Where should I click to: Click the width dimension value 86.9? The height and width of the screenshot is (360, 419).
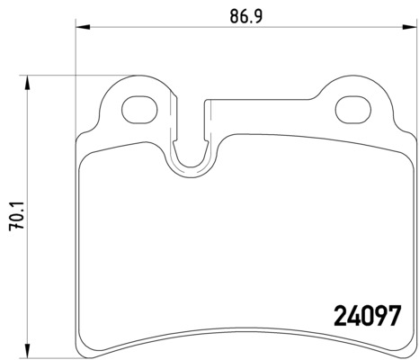tap(246, 16)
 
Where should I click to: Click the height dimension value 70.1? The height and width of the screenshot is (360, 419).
tap(17, 216)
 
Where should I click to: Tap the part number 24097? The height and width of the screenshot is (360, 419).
tap(367, 316)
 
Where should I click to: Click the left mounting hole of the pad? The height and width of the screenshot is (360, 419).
tap(139, 110)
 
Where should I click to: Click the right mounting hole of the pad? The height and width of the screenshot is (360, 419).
tap(353, 110)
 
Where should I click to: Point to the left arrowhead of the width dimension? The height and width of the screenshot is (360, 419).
tap(83, 27)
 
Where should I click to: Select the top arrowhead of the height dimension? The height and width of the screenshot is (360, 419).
tap(28, 83)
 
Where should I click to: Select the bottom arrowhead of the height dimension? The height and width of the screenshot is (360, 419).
tap(28, 351)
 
